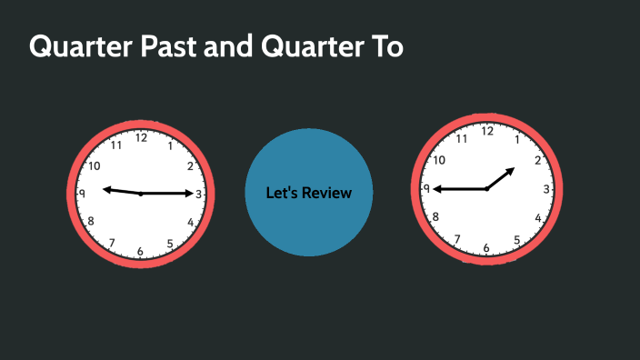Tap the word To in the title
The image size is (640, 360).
point(384,47)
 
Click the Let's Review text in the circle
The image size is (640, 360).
point(308,193)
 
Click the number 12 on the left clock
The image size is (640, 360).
point(141,138)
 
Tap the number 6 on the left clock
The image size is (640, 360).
point(140,251)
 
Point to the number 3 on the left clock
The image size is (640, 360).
point(198,195)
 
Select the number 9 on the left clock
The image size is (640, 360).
point(83,194)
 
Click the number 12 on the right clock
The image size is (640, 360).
point(487,131)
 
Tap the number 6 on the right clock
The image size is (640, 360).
point(486,247)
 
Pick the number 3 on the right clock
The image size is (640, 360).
point(545,189)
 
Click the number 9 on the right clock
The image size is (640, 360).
point(427,189)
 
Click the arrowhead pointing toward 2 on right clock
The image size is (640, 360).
point(511,170)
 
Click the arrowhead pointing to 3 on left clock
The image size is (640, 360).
point(188,194)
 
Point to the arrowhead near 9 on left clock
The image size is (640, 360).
point(106,189)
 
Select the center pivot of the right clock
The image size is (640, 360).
point(486,189)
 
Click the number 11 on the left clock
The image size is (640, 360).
point(115,145)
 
